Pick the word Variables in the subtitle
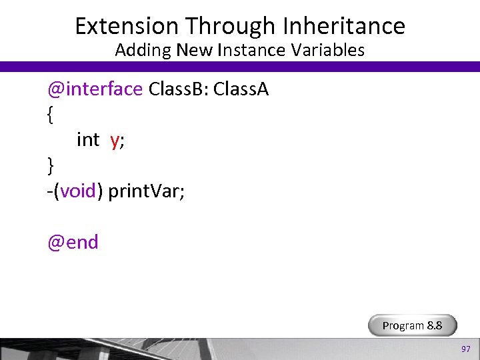pos(331,50)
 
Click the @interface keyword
pos(95,89)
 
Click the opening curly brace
pos(51,115)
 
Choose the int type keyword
pos(88,140)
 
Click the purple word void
pos(79,191)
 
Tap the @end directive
pos(73,242)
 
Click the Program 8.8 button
pos(413,325)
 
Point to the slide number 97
pos(465,349)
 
